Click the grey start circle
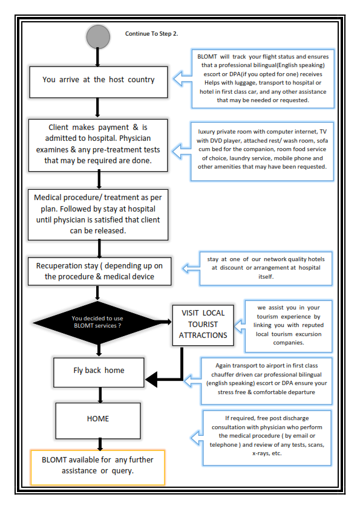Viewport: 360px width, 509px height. coord(98,37)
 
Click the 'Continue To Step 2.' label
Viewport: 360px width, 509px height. coord(151,33)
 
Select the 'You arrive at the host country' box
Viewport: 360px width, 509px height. coord(99,82)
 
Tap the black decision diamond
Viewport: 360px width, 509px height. coord(97,322)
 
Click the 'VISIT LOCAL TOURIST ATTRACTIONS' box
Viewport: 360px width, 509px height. coord(203,325)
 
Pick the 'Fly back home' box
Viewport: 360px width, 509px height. coord(99,372)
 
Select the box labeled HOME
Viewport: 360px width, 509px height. coord(98,421)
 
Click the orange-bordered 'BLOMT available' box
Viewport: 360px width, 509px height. coord(97,467)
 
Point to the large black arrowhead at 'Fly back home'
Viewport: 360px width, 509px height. coord(152,379)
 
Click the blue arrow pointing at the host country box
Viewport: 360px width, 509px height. coord(182,79)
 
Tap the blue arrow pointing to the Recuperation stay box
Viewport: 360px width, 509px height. coord(191,268)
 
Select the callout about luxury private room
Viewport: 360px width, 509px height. coord(262,151)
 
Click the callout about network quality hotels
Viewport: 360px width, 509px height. coord(266,268)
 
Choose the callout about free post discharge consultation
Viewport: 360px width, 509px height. coord(267,438)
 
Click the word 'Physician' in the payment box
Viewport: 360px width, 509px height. coord(135,138)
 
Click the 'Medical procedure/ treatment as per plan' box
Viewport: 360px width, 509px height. coord(98,215)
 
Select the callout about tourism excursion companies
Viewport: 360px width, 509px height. coord(289,326)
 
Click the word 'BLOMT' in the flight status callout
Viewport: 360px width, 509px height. coord(207,56)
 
